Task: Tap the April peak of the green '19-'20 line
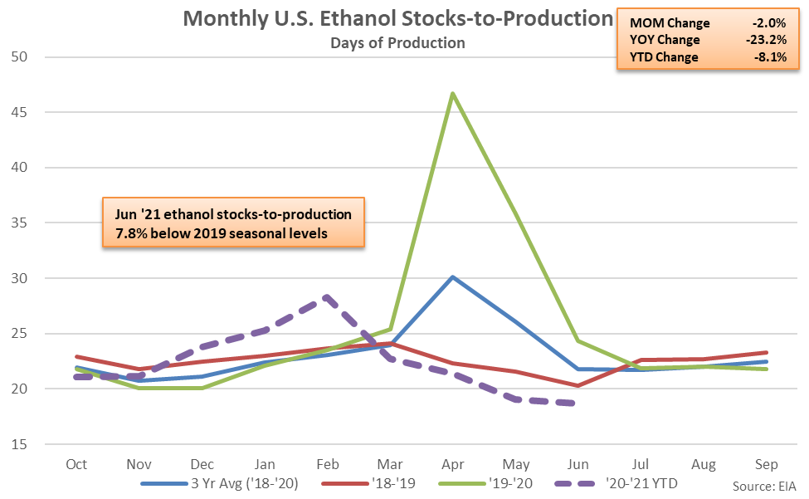453,93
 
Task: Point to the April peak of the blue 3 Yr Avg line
453,276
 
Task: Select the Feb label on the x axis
328,463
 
